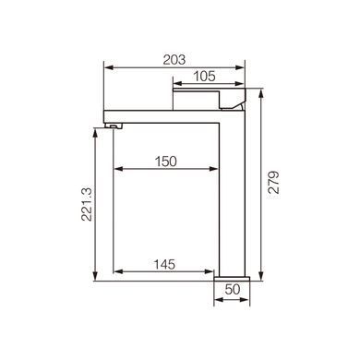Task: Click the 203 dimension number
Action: (174, 59)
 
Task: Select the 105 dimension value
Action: (204, 76)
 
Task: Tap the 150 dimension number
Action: (166, 162)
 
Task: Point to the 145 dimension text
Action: (164, 264)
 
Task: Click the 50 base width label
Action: (233, 289)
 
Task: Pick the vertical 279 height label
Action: (273, 182)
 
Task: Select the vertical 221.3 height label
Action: (87, 205)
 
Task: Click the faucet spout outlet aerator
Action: (114, 126)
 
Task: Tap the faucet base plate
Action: (232, 279)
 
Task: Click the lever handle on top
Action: (210, 99)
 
